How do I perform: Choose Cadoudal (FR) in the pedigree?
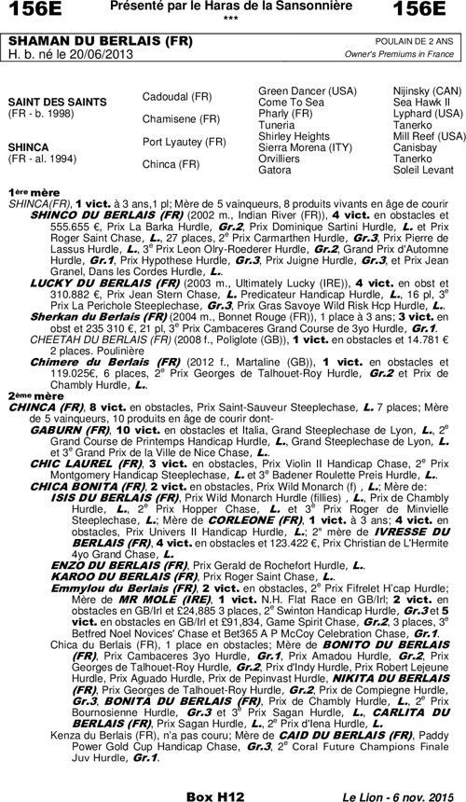click(x=177, y=96)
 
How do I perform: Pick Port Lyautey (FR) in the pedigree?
click(x=184, y=142)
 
